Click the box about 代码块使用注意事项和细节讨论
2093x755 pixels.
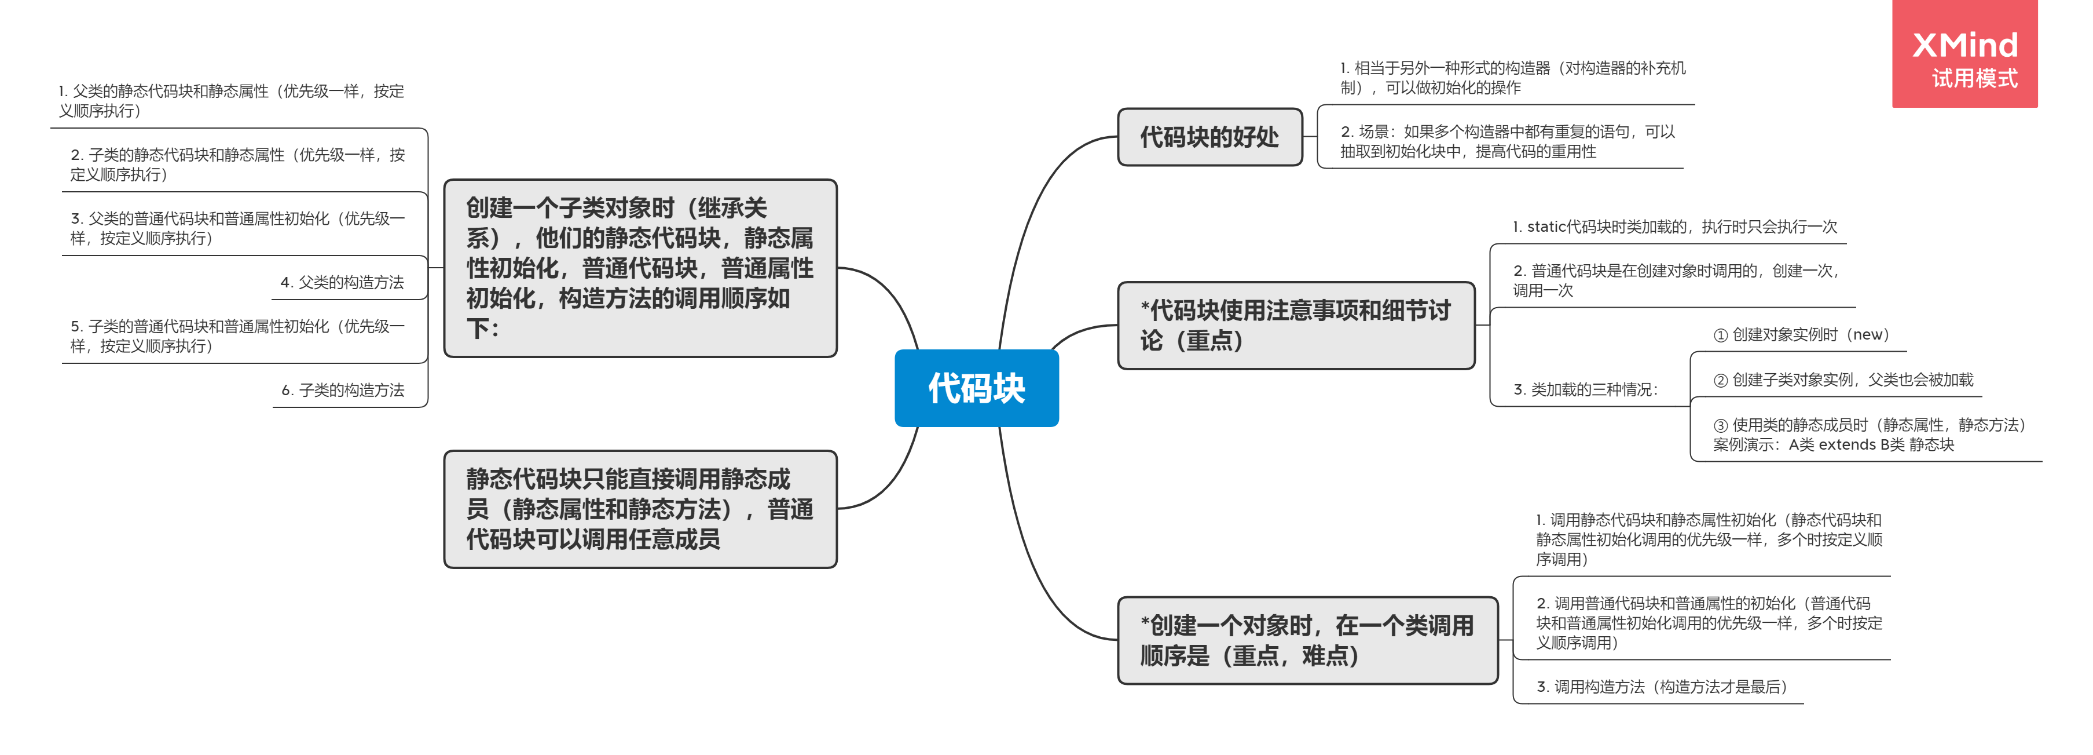(1295, 325)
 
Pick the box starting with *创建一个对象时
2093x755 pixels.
(1307, 640)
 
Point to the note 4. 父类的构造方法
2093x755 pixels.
(342, 282)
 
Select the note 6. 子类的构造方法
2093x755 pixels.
(343, 390)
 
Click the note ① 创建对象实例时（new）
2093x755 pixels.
(1801, 335)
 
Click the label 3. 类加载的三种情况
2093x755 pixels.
(1585, 389)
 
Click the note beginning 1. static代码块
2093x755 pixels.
(1674, 227)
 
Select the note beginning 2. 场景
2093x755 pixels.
(1507, 141)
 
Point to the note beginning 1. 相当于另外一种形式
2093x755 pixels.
(1512, 77)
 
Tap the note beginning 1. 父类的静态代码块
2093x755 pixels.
(231, 101)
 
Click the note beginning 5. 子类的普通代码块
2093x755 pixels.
(237, 335)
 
